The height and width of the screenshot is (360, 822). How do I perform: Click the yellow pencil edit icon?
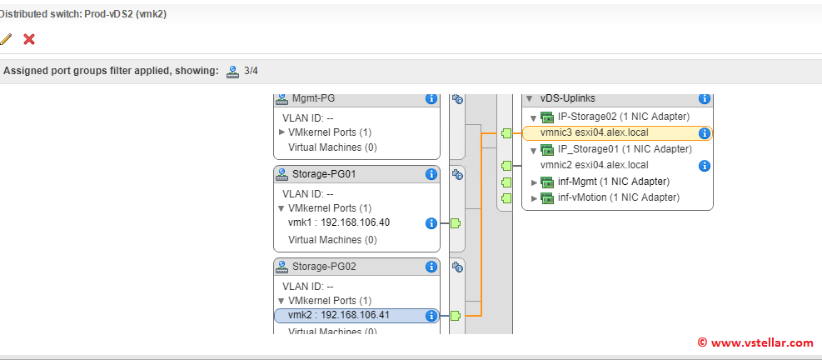(6, 39)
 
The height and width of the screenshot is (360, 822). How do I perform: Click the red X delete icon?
(29, 39)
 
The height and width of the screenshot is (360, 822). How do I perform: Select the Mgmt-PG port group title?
(313, 98)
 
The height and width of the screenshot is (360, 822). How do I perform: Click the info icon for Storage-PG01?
(431, 174)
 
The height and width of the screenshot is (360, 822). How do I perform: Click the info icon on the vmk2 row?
(431, 316)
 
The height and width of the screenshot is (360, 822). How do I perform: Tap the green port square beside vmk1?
(456, 223)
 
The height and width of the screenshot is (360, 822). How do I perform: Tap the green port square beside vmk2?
(456, 316)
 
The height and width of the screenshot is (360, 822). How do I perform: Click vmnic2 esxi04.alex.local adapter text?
(594, 165)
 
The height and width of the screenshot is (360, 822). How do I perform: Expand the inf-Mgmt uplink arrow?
(535, 182)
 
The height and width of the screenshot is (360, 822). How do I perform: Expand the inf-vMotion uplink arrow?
(535, 197)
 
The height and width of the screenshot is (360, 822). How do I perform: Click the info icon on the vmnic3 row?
(704, 132)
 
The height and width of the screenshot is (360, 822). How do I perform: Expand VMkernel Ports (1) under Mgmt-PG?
(282, 132)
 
